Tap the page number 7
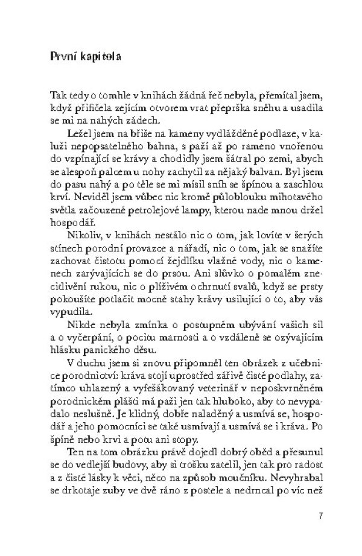tap(320, 516)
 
